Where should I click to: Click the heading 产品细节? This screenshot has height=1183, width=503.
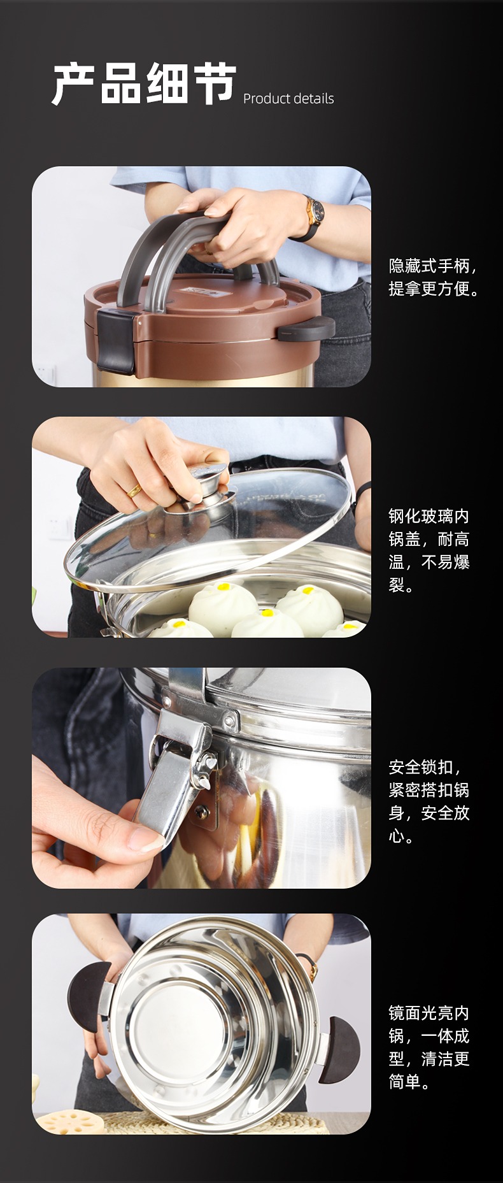(145, 83)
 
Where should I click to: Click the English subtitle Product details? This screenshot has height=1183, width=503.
(288, 99)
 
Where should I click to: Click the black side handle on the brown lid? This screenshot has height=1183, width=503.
(306, 328)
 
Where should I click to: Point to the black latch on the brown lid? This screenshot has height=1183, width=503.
(115, 341)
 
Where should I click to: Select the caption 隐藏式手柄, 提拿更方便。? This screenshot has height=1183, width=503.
(433, 277)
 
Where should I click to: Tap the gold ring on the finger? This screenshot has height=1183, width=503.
(134, 490)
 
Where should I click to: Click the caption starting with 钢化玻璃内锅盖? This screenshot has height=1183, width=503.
(429, 550)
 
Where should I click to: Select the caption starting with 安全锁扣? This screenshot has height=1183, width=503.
(429, 801)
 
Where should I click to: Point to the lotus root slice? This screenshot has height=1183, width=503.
(68, 1122)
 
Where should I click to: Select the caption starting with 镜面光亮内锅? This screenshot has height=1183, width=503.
(429, 1047)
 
